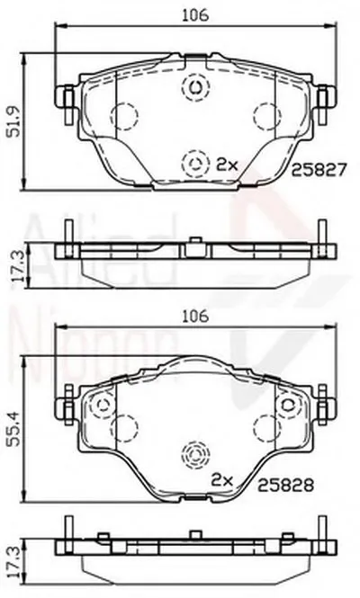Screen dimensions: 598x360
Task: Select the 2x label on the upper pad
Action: pyautogui.click(x=226, y=164)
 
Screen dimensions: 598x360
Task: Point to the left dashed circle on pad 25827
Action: pyautogui.click(x=124, y=116)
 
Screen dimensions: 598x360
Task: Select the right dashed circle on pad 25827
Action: pyautogui.click(x=266, y=116)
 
